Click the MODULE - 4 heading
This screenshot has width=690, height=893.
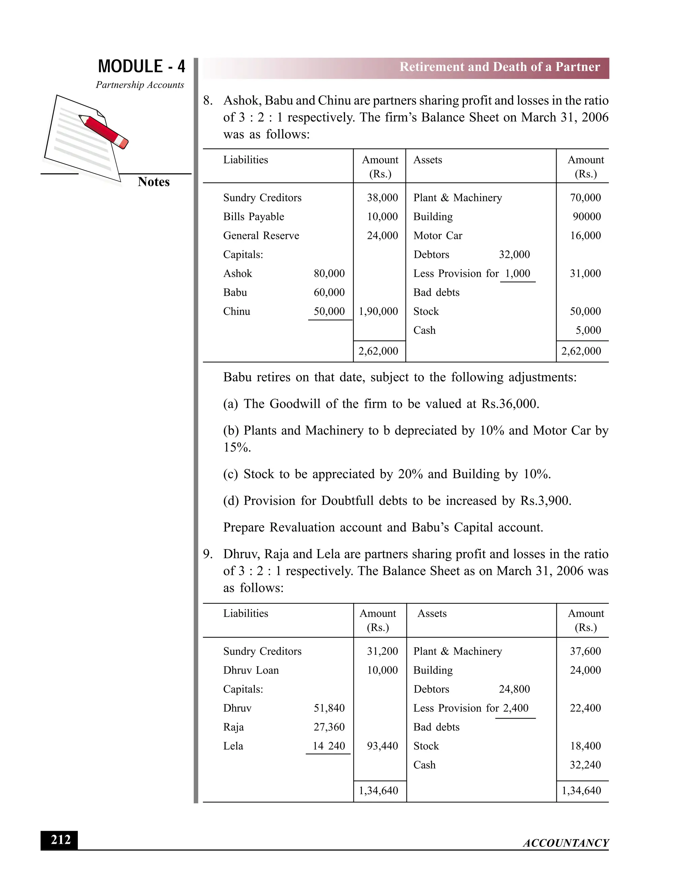tap(142, 66)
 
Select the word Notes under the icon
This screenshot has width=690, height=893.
tap(153, 182)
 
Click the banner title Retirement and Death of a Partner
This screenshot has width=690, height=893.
tap(500, 67)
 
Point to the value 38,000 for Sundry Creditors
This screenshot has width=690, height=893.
tap(382, 197)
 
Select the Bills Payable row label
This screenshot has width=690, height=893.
tap(253, 216)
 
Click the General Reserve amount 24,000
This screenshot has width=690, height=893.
tap(382, 236)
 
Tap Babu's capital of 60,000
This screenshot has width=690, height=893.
tap(329, 292)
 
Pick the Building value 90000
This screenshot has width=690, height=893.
tap(587, 216)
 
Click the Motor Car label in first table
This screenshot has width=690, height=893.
tap(437, 236)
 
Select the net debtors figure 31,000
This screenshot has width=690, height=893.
tap(585, 273)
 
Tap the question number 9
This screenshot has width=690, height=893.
tap(208, 554)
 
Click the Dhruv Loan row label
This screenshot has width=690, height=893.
tap(251, 670)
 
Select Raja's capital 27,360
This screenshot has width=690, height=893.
tap(329, 727)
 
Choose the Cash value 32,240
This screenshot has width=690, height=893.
tap(585, 765)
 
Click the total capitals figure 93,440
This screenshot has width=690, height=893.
tap(382, 746)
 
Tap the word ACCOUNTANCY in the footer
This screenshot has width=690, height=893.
tap(566, 843)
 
